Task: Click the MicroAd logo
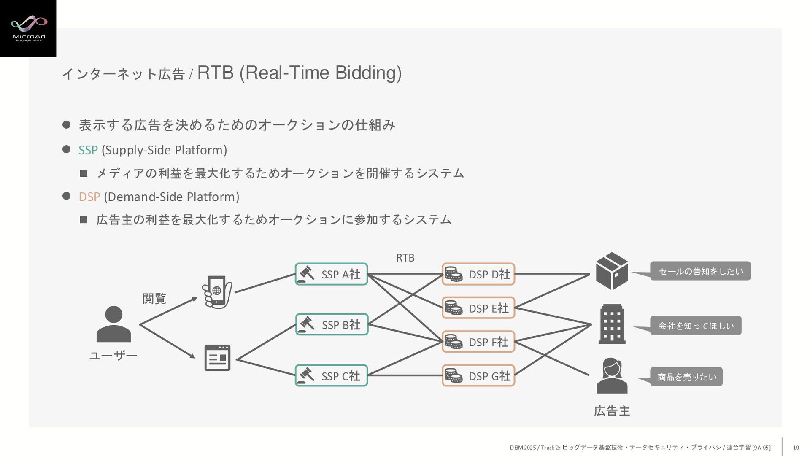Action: (28, 28)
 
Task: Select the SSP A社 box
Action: (331, 274)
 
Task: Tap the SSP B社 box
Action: (332, 324)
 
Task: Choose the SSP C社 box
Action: (331, 375)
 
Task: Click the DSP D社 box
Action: (478, 274)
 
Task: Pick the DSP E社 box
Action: (478, 308)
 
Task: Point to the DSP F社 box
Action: (478, 342)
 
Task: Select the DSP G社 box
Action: (478, 375)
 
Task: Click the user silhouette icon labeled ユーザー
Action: (113, 324)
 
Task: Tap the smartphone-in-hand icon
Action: (217, 292)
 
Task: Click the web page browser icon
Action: (217, 358)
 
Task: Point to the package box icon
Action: (612, 271)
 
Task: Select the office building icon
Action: (612, 324)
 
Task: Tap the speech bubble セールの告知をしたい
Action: (700, 271)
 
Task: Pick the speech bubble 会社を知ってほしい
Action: (696, 326)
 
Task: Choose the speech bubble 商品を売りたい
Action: (686, 377)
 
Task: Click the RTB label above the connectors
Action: (405, 258)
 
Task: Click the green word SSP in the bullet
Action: (88, 150)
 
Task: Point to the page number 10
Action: (796, 448)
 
